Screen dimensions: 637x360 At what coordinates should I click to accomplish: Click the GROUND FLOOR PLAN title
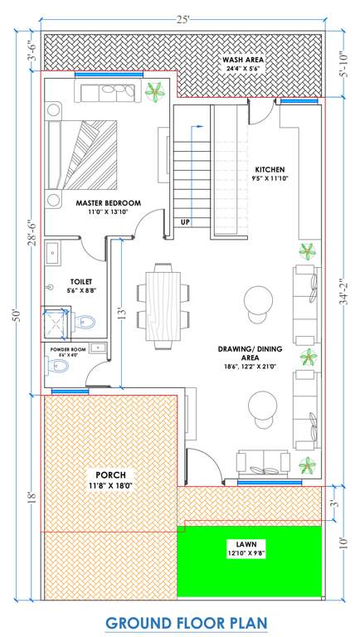pos(180,620)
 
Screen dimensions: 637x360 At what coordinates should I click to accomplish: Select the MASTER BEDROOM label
pos(108,203)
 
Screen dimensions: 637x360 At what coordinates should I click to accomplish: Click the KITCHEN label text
pos(270,168)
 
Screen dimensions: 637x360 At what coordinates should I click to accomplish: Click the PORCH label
pos(109,474)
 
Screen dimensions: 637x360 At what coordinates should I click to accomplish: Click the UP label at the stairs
pos(185,222)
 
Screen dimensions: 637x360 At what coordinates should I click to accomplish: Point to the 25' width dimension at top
pos(180,17)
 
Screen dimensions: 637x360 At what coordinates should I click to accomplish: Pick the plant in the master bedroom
pos(153,92)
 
